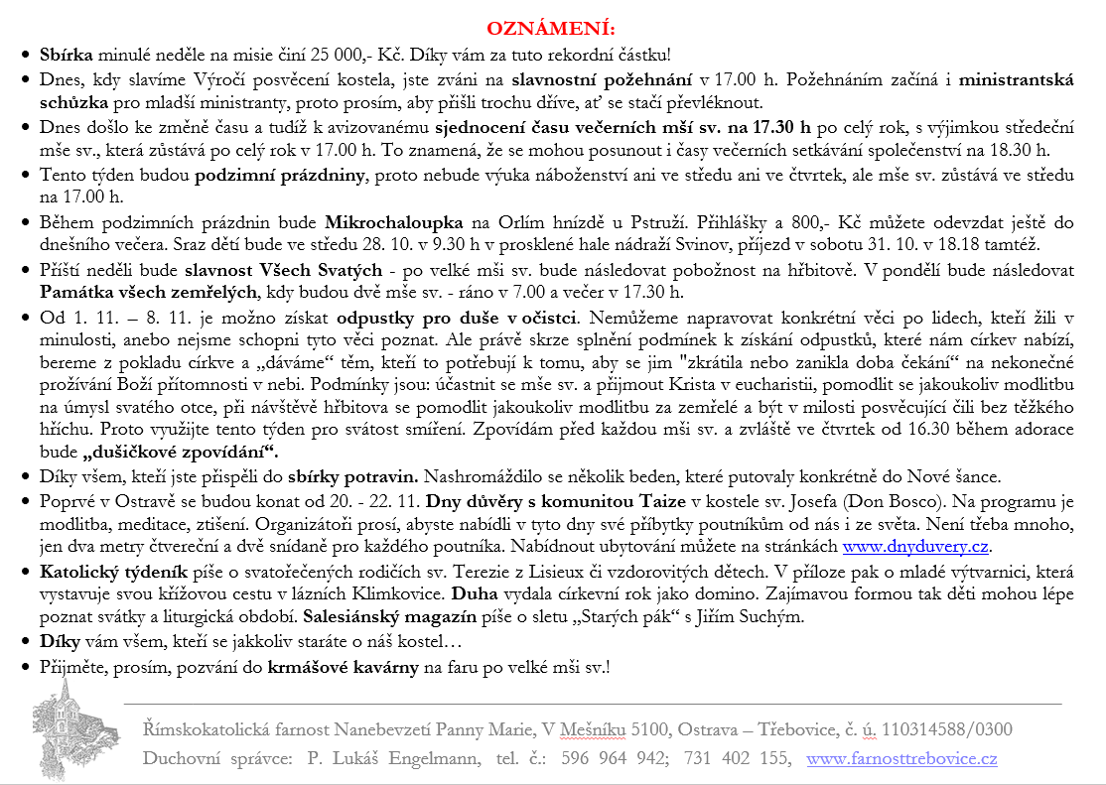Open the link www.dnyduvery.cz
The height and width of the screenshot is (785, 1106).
coord(917,546)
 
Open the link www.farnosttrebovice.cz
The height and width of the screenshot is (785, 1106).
coord(901,759)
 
